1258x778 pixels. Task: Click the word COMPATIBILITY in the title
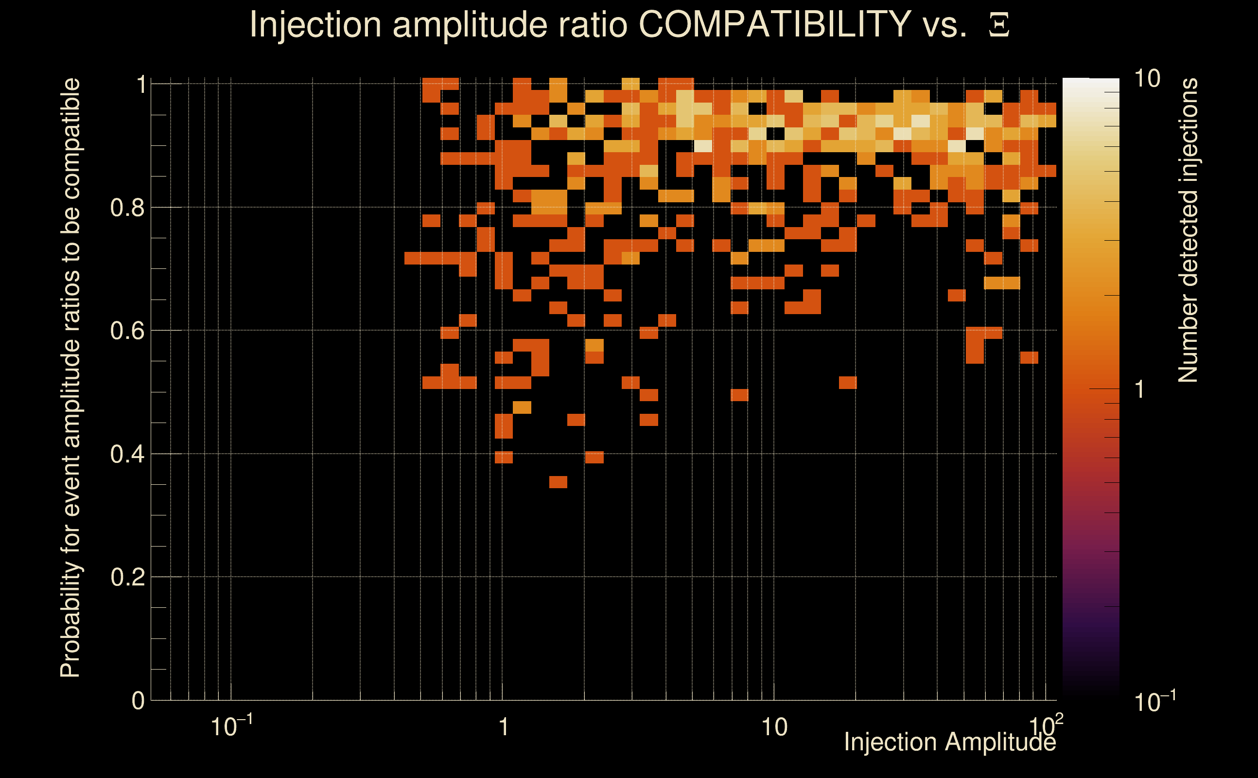pos(774,24)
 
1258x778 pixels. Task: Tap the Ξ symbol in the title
pos(999,25)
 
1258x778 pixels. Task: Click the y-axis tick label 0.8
pos(127,208)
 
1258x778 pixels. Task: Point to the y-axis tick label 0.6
pos(127,331)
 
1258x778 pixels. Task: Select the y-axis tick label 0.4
pos(127,454)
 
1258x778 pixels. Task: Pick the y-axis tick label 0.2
pos(127,577)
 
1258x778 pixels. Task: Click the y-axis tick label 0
pos(138,701)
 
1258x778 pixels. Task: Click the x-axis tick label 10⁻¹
pos(231,726)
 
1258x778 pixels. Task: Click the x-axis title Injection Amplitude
pos(950,742)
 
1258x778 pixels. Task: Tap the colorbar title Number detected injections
pos(1188,230)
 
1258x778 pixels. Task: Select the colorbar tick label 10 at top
pos(1147,79)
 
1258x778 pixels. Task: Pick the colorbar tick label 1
pos(1140,389)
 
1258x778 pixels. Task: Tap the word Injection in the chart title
pos(315,24)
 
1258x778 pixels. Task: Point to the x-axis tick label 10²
pos(1045,726)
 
